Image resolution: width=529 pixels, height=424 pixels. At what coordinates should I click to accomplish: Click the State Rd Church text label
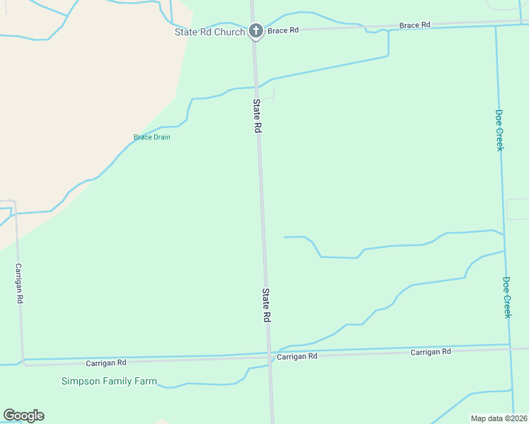coord(210,32)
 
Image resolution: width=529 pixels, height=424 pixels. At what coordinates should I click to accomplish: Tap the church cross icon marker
coord(255,31)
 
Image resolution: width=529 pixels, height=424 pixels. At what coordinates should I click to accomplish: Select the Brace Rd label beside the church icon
coord(283,30)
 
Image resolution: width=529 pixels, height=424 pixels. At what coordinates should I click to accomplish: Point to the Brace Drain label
coord(152,137)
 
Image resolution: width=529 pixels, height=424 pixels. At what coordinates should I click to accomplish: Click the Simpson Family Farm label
coord(109,381)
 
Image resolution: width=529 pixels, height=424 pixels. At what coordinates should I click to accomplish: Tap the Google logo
coord(23,416)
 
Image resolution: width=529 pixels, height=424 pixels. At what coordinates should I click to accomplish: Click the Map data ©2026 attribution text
coord(499,418)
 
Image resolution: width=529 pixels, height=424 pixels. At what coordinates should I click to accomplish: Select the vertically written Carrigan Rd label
coord(19,284)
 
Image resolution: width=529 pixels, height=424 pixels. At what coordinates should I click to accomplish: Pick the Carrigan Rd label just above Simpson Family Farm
coord(106,363)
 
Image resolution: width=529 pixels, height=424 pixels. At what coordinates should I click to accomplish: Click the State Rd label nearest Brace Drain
coord(258,117)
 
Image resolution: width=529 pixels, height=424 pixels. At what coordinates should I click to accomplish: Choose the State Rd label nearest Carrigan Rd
coord(267,306)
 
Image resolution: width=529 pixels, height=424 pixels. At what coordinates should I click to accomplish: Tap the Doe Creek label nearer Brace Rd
coord(499,130)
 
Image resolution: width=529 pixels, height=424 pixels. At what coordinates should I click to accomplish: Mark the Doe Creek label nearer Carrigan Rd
coord(506,297)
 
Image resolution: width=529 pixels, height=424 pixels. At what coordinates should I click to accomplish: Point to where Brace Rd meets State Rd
coord(255,31)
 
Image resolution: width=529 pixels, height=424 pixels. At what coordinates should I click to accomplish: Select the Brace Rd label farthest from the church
coord(414,25)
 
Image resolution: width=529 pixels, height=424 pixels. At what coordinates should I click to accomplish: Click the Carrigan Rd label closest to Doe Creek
coord(431,352)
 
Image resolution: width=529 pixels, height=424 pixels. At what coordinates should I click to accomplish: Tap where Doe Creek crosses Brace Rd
coord(496,25)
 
